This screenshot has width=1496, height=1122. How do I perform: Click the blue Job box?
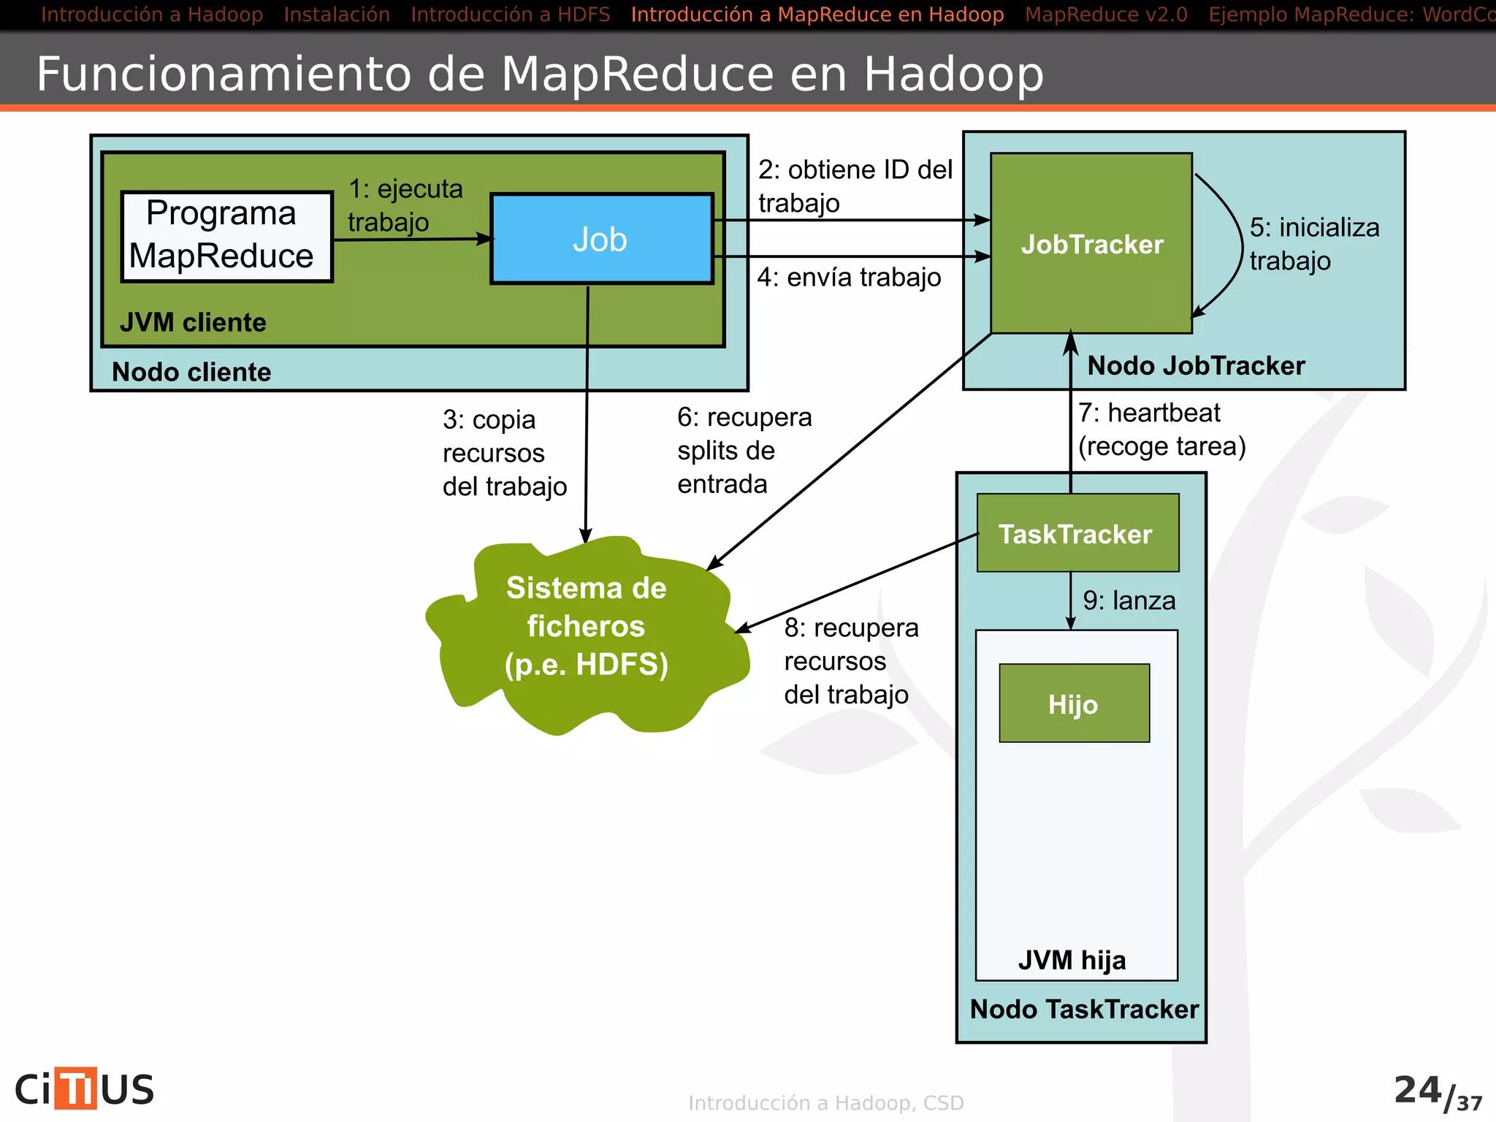coord(601,239)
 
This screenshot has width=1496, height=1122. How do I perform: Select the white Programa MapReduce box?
coord(226,236)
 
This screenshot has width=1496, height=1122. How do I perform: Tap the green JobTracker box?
coord(1091,244)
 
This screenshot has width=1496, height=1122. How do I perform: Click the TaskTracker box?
coord(1077,534)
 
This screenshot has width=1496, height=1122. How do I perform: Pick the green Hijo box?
coord(1074,704)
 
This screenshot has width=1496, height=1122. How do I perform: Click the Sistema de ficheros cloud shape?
coord(587,628)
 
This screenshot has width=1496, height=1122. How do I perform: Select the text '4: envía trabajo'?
coord(849,278)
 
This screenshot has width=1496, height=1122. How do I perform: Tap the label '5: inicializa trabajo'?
coord(1313,243)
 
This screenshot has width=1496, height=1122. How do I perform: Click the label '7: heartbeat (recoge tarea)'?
coord(1161,430)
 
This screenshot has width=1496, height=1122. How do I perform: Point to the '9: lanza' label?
coord(1129,600)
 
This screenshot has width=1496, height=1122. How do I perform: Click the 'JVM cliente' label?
coord(193,322)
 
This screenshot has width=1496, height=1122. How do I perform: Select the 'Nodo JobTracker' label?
coord(1196,365)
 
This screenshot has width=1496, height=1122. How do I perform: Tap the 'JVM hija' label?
coord(1072,959)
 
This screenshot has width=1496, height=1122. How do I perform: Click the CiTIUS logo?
coord(85,1088)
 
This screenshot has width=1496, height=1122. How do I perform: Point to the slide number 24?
coord(1417,1090)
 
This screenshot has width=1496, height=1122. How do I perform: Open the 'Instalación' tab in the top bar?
coord(337,15)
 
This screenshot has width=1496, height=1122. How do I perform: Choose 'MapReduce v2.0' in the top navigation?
coord(1106,15)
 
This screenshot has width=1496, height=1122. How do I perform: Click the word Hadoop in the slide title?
coord(953,75)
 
